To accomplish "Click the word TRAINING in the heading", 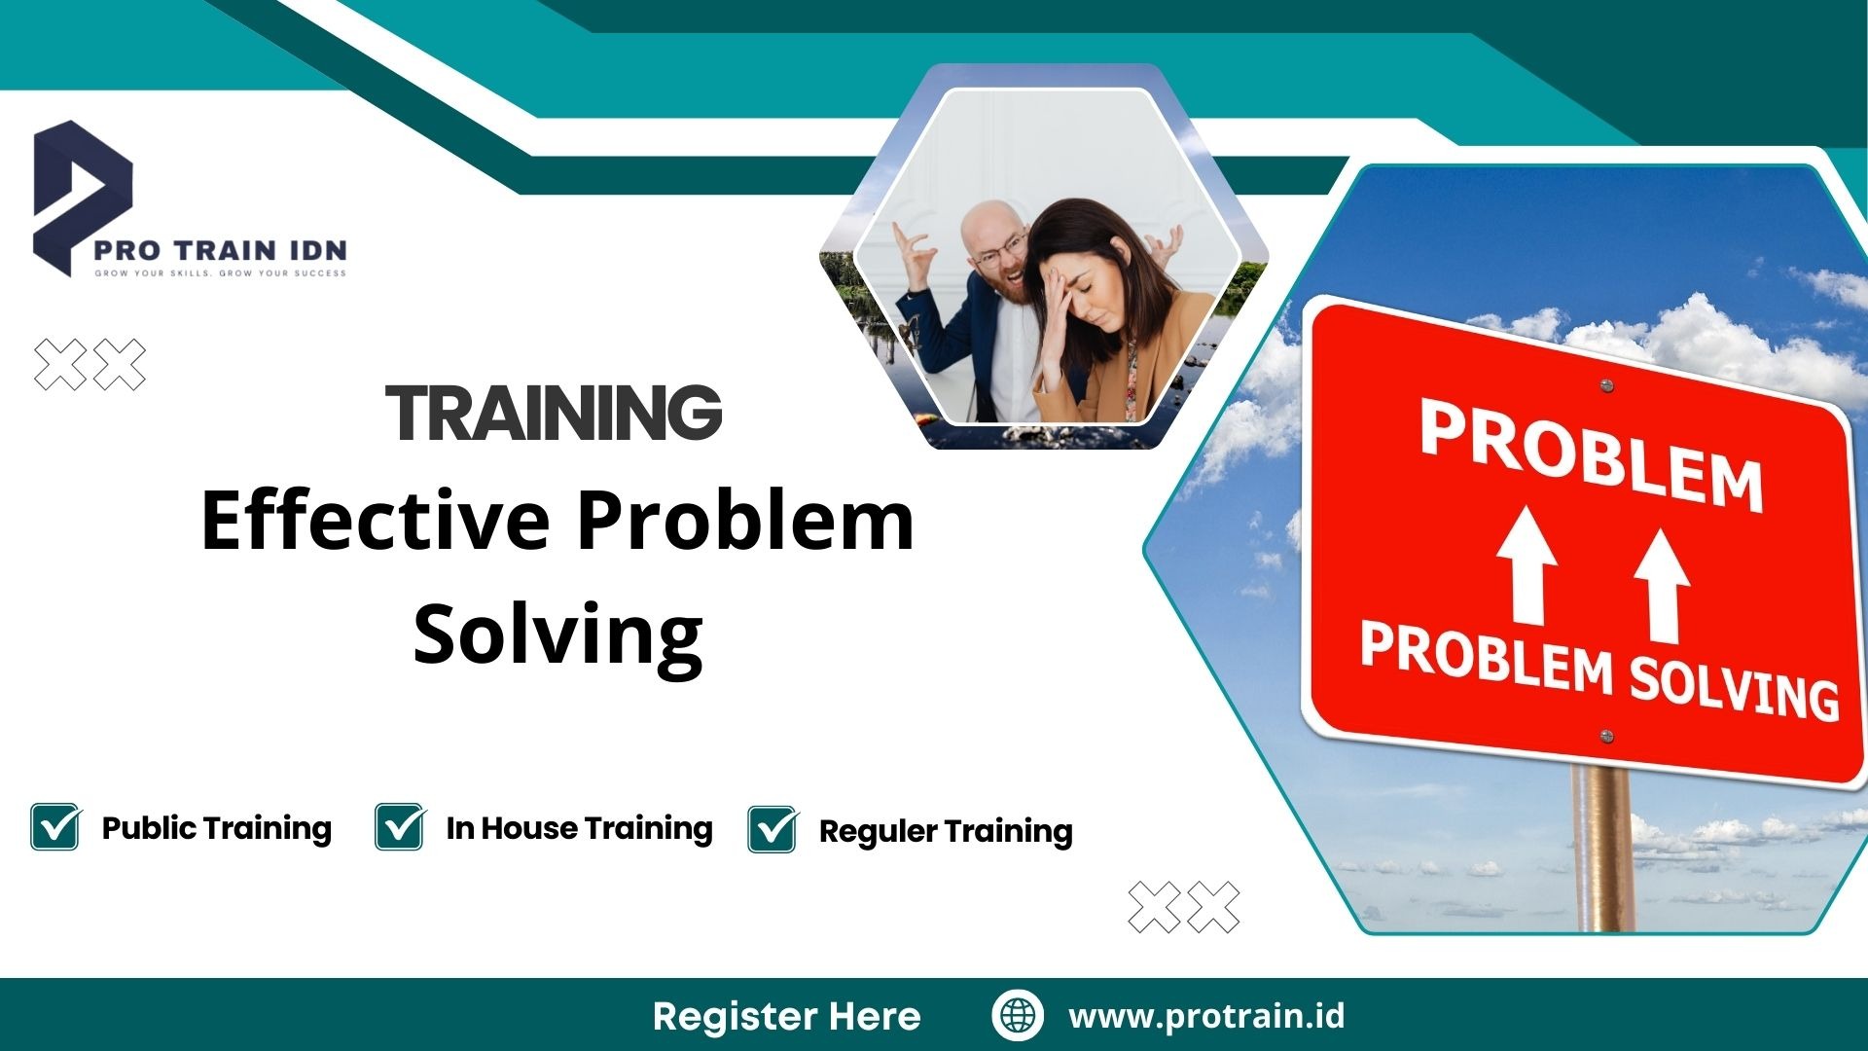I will coord(554,412).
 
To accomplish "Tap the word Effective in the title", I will coord(376,522).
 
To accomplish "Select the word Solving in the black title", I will coord(557,634).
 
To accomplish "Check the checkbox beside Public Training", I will coord(55,827).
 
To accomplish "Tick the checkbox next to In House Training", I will coord(399,827).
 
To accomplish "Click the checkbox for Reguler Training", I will coord(772,830).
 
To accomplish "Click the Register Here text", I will coord(786,1016).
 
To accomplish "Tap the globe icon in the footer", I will coord(1018,1015).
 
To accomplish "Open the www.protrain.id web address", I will coord(1206,1016).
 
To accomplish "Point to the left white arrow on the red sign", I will coord(1527,565).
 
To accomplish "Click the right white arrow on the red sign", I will coord(1662,585).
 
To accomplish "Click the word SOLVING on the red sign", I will coord(1734,687).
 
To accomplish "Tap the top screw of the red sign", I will coord(1607,386).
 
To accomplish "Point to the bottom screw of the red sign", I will coord(1607,737).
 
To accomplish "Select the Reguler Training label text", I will coord(946,831).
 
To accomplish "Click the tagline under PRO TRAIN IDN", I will coord(220,273).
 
